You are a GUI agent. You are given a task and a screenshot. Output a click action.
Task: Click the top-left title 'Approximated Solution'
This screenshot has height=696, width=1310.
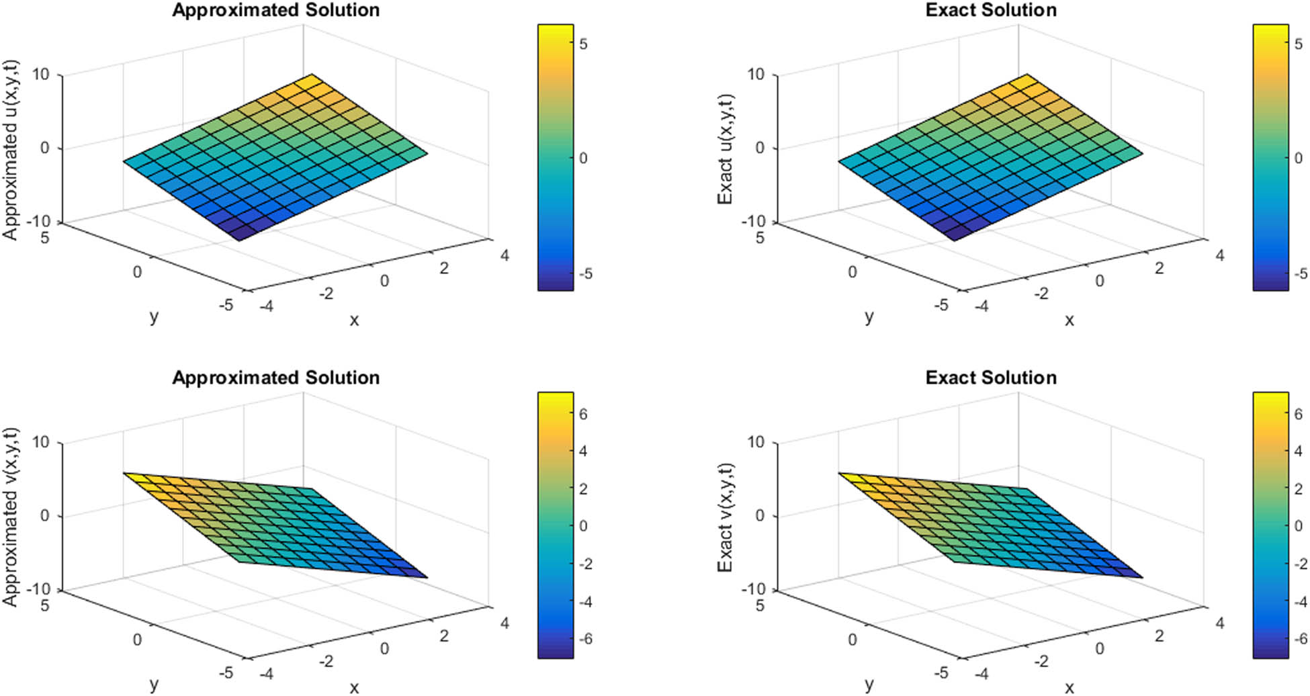point(275,10)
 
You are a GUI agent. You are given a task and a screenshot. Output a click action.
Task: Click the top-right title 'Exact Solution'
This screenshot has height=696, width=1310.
point(991,10)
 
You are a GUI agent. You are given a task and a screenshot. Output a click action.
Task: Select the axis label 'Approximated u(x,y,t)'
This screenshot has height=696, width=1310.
point(11,149)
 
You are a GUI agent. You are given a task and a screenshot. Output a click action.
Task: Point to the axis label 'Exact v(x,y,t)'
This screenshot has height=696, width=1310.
point(726,518)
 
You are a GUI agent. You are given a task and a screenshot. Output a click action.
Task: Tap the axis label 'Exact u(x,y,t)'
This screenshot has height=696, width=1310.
point(726,149)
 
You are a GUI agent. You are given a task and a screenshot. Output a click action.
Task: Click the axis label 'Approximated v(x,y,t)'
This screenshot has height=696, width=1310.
point(11,518)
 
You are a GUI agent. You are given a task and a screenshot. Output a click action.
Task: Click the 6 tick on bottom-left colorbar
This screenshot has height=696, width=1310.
point(582,415)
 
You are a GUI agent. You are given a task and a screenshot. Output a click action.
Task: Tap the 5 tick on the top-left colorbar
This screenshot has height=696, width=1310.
point(583,44)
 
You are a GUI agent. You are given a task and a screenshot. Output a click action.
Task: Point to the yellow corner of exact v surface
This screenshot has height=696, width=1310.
point(840,474)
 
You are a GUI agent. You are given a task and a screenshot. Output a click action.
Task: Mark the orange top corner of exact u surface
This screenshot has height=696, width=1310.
point(1027,75)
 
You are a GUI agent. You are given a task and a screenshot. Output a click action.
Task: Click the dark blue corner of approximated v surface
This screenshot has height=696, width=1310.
point(426,576)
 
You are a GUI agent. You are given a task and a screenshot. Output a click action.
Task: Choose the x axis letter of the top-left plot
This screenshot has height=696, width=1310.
point(354,320)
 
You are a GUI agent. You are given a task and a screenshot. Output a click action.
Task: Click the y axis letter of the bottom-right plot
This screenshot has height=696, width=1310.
point(869,684)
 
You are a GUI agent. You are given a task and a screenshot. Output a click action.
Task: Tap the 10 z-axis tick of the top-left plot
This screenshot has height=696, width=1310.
point(41,74)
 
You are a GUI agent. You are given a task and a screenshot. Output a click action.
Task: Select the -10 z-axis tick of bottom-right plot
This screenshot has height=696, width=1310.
point(753,589)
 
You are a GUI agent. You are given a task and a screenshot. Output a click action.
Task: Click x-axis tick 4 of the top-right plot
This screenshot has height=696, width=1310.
point(1219,255)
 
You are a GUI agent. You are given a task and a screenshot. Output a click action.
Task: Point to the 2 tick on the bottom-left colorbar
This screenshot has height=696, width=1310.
point(582,489)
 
